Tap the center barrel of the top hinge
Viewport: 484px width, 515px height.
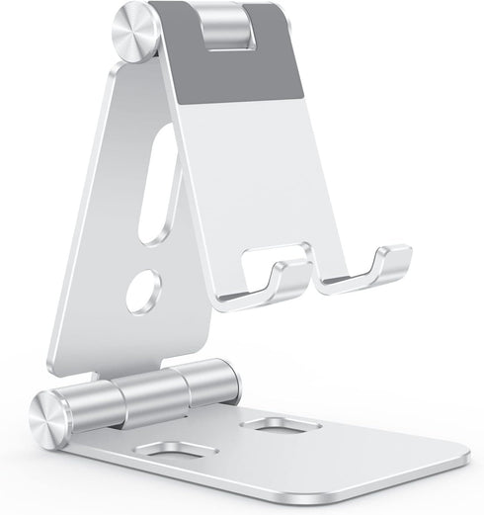click(225, 30)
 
